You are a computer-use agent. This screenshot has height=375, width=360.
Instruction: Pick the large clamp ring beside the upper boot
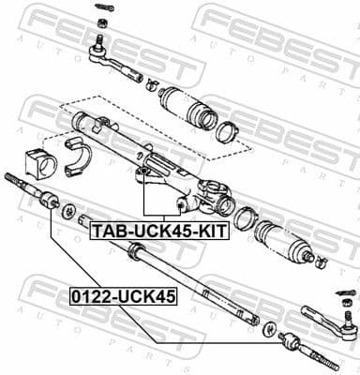[x=226, y=129]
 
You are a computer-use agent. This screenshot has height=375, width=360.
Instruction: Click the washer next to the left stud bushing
[x=68, y=210]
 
